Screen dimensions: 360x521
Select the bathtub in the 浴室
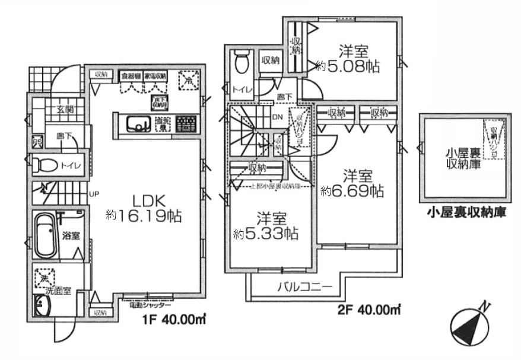(x=45, y=235)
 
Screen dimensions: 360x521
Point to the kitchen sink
(x=138, y=124)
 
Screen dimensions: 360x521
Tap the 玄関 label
(x=64, y=109)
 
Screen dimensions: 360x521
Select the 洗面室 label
(x=59, y=291)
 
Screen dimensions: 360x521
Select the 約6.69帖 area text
(x=352, y=191)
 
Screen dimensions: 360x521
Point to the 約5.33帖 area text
(x=266, y=233)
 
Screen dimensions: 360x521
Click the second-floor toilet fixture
(x=242, y=62)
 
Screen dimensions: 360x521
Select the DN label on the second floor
(x=277, y=117)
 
